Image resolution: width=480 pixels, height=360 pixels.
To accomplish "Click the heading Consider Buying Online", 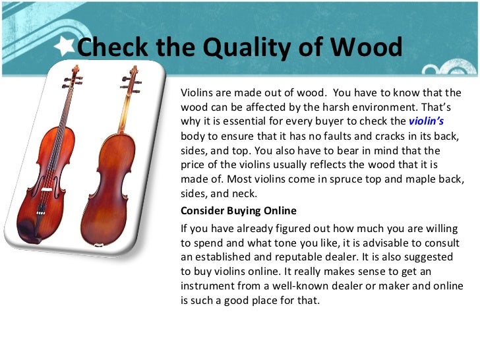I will click(239, 211).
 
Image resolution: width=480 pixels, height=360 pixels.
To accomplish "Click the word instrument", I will click(208, 286).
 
